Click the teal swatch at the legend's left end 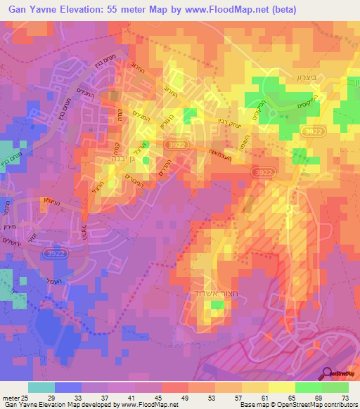click(x=41, y=387)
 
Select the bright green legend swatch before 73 click(x=335, y=387)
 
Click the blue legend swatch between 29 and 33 click(x=67, y=387)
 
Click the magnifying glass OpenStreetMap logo click(x=328, y=373)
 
